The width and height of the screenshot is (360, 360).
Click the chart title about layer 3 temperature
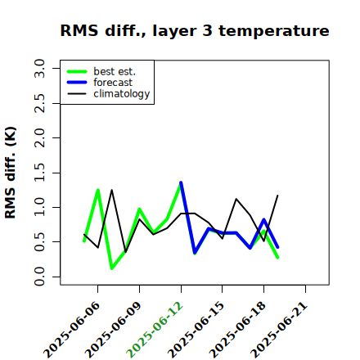coord(195,30)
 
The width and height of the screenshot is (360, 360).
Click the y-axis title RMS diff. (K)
coord(11,173)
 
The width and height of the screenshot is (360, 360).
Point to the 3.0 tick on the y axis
coord(39,69)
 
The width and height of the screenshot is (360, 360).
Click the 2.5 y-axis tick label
coord(39,103)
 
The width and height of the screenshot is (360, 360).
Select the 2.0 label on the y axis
coord(39,138)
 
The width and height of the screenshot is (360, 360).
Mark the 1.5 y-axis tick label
coord(39,173)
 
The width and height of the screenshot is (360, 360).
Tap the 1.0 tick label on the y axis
coord(39,207)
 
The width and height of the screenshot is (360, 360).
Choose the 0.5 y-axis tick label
coord(39,242)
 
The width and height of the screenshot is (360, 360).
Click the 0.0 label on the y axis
coord(39,277)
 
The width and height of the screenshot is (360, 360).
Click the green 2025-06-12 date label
coord(155,330)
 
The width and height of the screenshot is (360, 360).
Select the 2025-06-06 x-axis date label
coord(71,330)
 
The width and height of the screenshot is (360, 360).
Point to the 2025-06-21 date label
coord(279,330)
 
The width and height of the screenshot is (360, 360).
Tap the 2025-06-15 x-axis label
coord(196,330)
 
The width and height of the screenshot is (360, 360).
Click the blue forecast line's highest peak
coord(181,182)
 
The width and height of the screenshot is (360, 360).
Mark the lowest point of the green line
coord(112,268)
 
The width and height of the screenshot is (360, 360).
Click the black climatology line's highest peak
coord(111,190)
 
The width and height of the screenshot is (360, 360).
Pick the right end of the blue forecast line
coord(277,247)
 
